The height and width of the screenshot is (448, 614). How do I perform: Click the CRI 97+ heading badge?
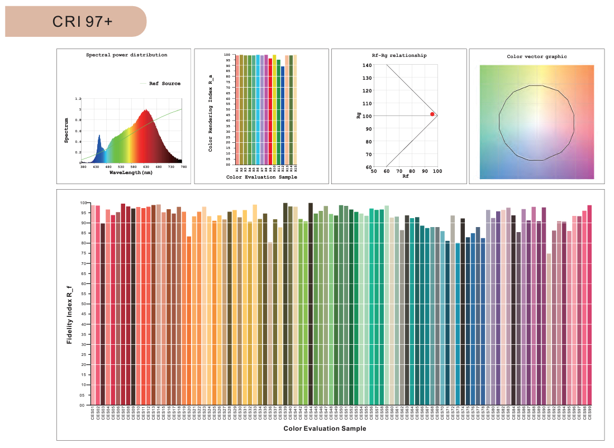75,22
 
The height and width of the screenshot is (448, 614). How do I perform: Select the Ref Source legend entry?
165,84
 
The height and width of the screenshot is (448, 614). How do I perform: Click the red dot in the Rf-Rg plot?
432,114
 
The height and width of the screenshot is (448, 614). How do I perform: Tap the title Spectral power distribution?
126,55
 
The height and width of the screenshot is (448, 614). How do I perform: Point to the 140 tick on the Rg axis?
367,65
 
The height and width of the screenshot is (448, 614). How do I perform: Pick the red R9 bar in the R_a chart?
270,111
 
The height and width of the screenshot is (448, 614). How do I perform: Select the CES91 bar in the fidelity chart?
549,329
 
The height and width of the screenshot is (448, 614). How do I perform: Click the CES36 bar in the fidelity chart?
270,323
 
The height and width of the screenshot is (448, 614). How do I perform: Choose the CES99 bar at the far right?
589,305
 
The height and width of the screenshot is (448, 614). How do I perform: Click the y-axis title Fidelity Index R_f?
69,314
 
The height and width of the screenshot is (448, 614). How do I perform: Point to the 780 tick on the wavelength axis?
182,167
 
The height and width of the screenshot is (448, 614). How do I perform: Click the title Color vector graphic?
536,56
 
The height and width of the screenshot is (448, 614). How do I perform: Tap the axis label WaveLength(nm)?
131,173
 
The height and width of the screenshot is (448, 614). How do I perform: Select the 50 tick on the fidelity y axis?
82,304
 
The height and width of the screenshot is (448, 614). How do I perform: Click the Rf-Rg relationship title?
399,55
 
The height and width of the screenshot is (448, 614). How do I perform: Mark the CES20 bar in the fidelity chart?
189,320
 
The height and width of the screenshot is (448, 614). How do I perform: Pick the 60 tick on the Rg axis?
368,167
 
